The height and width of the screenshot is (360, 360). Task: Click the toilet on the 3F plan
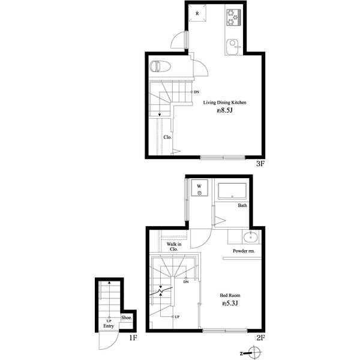point(160,66)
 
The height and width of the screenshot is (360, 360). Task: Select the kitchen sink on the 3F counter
point(233,47)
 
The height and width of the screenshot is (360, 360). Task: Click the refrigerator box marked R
point(197,13)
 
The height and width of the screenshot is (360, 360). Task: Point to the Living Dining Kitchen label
point(224,103)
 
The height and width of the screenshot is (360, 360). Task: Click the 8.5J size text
point(224,110)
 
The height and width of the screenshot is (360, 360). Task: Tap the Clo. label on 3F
point(167,137)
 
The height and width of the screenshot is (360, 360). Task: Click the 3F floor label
point(260,163)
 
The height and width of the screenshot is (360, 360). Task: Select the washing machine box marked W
point(200,188)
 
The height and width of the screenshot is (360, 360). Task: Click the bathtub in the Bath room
point(232,191)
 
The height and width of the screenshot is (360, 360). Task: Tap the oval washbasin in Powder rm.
point(250,237)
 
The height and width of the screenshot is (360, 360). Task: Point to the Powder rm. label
point(244,251)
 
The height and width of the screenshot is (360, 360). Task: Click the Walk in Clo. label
point(174,247)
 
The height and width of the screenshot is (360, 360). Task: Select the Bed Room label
point(230,295)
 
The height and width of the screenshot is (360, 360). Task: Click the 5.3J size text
point(230,304)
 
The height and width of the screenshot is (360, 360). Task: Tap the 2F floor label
point(260,337)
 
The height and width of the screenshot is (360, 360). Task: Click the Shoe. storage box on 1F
point(127,318)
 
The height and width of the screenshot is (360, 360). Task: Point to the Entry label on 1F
point(109,326)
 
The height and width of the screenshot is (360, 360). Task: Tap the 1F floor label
point(133,337)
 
